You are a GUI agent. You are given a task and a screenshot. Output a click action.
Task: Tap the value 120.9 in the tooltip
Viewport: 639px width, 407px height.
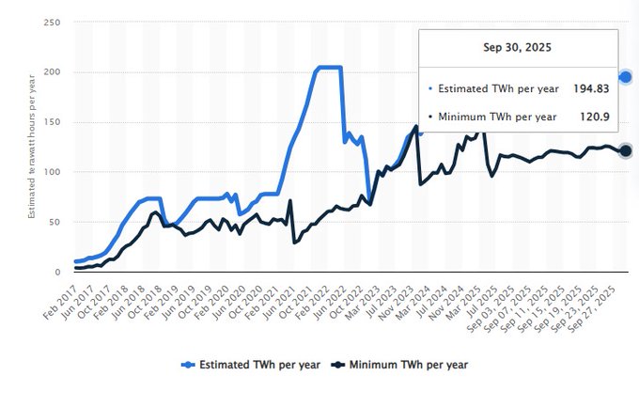596,117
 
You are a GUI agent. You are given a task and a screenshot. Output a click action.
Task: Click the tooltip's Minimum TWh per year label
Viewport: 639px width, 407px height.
498,117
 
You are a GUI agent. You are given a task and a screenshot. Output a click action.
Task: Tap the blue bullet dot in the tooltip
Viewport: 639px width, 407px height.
431,88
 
